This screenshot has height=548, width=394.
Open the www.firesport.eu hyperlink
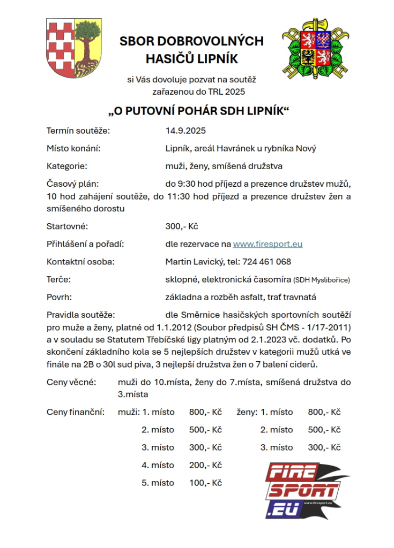point(267,244)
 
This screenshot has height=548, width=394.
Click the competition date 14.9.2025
point(185,131)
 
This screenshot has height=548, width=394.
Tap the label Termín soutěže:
point(78,131)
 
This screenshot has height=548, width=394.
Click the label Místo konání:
point(74,148)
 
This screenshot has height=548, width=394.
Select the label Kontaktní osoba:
point(80,262)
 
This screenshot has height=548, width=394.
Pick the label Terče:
point(59,279)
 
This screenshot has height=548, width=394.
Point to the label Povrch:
point(60,296)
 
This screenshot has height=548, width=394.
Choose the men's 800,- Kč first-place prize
point(205,412)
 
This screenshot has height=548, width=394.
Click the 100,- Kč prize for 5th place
point(205,483)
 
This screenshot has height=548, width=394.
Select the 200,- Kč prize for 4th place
point(205,465)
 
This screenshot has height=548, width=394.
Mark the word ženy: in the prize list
point(247,412)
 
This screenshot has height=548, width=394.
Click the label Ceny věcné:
point(71,382)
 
